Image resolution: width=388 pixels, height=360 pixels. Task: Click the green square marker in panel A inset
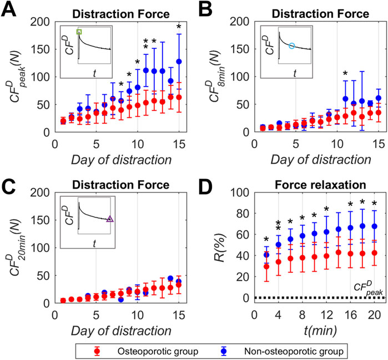pos(79,32)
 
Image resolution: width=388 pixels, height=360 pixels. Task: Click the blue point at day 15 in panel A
pos(179,62)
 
